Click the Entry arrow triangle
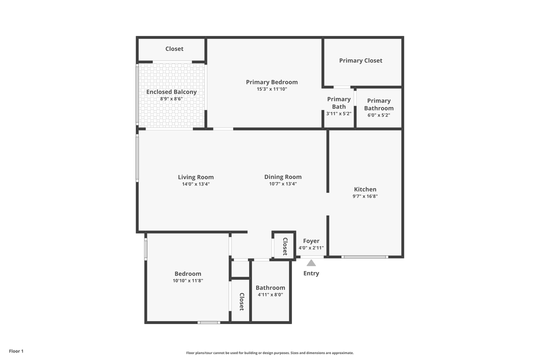tap(311, 263)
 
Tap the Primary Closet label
tap(360, 60)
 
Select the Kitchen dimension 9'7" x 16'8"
tap(365, 196)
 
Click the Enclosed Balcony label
tap(171, 92)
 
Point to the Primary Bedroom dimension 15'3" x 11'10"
tap(272, 89)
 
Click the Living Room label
tap(196, 177)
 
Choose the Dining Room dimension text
tap(283, 184)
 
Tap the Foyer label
tap(311, 241)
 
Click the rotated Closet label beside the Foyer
tap(285, 246)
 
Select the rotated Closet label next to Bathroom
tap(241, 301)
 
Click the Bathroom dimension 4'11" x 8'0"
tap(270, 294)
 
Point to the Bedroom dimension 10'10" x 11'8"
tap(188, 280)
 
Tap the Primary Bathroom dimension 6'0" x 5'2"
tap(378, 115)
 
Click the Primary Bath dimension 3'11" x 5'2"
tap(339, 113)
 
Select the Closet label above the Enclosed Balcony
tap(174, 49)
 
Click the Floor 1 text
tap(16, 351)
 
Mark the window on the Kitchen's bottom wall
tap(364, 257)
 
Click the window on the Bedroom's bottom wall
tap(209, 322)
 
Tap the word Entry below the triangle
tap(311, 273)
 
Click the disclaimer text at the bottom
tap(270, 353)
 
